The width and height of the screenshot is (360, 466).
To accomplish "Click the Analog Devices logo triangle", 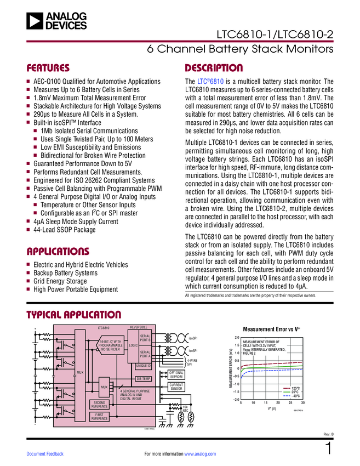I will [35, 21].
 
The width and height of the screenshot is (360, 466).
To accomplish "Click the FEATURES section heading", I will [48, 69].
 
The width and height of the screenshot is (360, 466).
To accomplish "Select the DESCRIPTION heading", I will [214, 69].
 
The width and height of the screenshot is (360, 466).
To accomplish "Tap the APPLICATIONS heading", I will [58, 252].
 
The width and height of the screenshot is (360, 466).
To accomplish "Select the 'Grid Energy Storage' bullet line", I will [60, 281].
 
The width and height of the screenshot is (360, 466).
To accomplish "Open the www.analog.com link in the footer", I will [201, 454].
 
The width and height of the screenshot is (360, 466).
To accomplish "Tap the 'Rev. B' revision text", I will [328, 435].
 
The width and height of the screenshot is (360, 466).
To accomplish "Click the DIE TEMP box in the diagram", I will [143, 379].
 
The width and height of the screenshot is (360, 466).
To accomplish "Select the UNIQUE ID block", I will [143, 365].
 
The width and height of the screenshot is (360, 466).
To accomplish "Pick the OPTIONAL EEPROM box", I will [176, 374].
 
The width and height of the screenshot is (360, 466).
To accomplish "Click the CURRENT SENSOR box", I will [176, 387].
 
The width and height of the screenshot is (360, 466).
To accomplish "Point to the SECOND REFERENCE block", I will [99, 404].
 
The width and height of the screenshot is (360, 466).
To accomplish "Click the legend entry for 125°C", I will [290, 388].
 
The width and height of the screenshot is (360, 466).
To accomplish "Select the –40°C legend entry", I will [290, 396].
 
